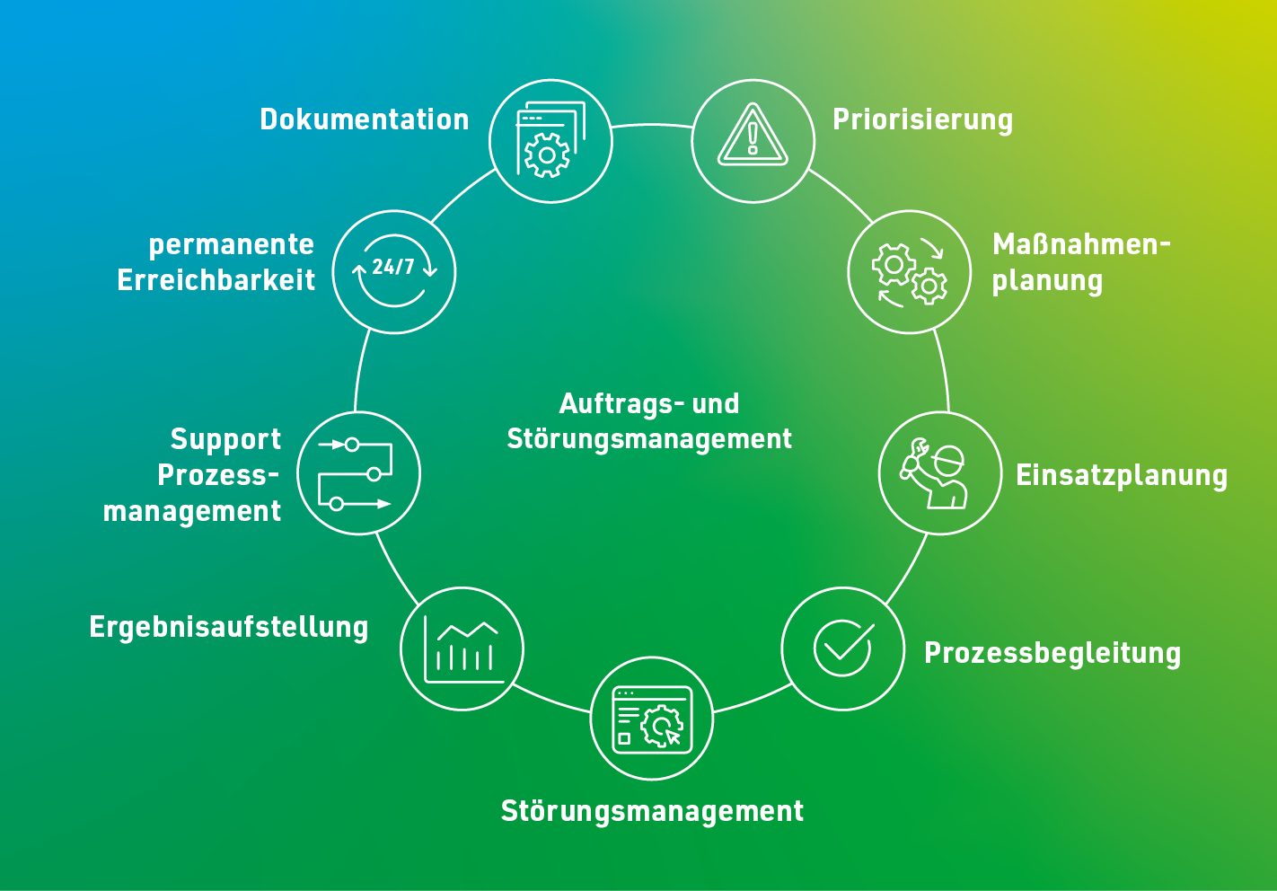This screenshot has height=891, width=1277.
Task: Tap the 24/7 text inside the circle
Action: tap(392, 267)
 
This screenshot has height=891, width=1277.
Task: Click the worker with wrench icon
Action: tap(933, 472)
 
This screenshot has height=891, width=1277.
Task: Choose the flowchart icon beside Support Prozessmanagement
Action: tap(355, 473)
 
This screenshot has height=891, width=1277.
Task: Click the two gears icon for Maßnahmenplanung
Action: tap(910, 272)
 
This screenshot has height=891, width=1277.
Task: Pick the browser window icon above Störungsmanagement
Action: tap(652, 719)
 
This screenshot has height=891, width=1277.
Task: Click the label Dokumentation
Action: tap(365, 119)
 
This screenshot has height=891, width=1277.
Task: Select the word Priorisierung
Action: tap(922, 120)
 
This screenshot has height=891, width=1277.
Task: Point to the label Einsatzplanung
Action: tap(1122, 476)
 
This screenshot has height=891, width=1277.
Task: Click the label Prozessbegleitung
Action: tap(1052, 653)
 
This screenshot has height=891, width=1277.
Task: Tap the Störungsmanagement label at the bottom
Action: tap(652, 811)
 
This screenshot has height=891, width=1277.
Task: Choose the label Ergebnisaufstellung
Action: tap(229, 628)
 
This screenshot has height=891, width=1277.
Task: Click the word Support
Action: tap(225, 440)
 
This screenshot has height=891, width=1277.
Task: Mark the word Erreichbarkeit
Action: tap(216, 280)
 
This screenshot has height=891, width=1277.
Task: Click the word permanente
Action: tap(231, 245)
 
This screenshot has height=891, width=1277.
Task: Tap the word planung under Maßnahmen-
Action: tap(1047, 282)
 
